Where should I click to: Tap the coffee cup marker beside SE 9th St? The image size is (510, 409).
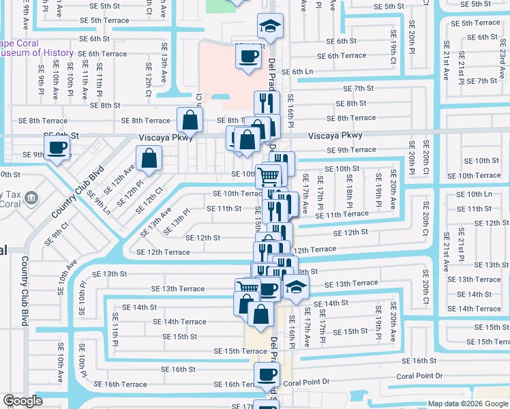tap(57, 147)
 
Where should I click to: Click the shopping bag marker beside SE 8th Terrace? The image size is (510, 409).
tap(190, 120)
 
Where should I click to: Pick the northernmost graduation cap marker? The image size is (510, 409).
tap(270, 27)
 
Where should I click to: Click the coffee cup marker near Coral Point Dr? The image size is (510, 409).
tap(267, 374)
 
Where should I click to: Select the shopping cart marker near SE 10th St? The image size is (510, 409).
tap(269, 176)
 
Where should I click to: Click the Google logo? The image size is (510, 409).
tap(22, 401)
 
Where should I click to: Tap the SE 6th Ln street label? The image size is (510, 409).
tap(297, 71)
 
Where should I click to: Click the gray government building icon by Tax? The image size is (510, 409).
tap(31, 198)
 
